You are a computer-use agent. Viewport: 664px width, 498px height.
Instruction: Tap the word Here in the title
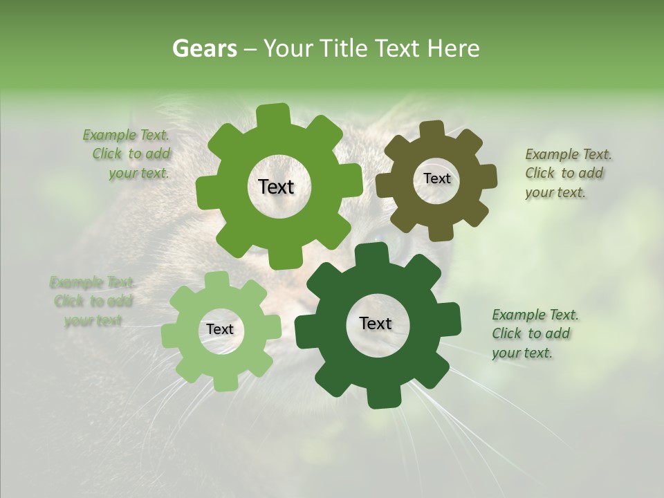[x=452, y=48]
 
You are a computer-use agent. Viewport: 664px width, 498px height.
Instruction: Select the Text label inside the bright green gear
[x=276, y=187]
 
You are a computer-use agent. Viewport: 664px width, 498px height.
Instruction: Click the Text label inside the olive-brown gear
[x=436, y=178]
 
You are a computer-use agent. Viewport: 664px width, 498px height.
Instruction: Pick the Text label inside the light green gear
[x=220, y=330]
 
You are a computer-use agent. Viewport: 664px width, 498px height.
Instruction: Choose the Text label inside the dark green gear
[x=376, y=324]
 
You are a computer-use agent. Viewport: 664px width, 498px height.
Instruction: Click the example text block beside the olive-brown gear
[x=568, y=173]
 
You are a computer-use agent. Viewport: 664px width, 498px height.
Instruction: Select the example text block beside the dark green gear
[x=535, y=333]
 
